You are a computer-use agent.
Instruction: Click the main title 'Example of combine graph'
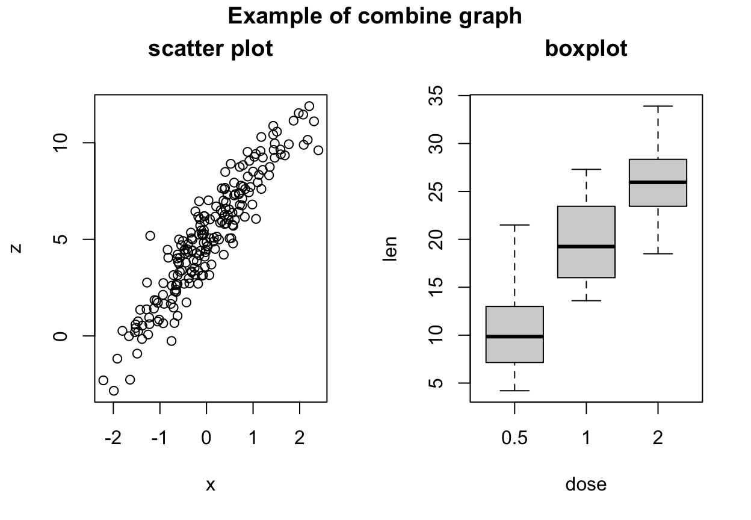click(375, 16)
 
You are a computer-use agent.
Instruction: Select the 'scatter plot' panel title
click(211, 49)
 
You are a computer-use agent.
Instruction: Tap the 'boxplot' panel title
click(586, 49)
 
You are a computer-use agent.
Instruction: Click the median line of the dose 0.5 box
click(515, 336)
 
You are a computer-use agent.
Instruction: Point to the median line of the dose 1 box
click(586, 246)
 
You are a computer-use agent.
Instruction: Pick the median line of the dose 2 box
click(658, 182)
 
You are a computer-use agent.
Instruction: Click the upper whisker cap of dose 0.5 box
click(515, 225)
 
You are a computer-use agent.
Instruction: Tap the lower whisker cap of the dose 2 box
click(658, 254)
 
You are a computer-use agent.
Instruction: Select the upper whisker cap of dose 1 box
click(586, 169)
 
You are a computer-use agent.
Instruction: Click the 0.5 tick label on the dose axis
click(515, 438)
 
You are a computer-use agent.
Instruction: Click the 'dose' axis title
click(586, 484)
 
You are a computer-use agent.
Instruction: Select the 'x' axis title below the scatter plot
click(210, 485)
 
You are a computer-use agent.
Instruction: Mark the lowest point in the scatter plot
click(114, 391)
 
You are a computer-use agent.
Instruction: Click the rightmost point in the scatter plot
click(318, 150)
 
